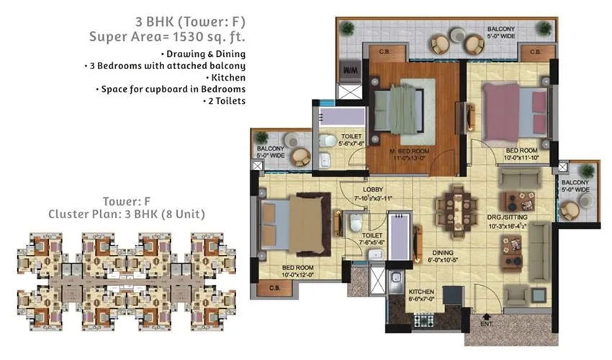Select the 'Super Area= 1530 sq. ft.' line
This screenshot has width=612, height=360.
coord(167,36)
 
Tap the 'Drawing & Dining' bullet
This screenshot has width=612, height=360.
coord(204,54)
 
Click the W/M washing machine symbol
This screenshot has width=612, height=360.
coord(351,71)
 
